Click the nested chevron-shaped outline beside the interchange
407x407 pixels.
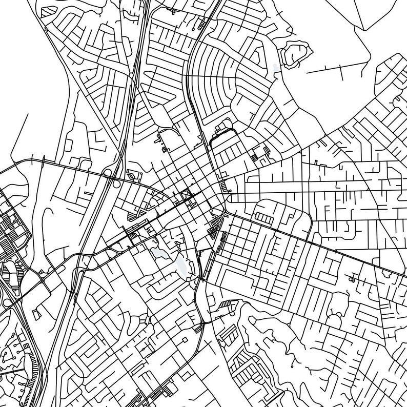point(134,175)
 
